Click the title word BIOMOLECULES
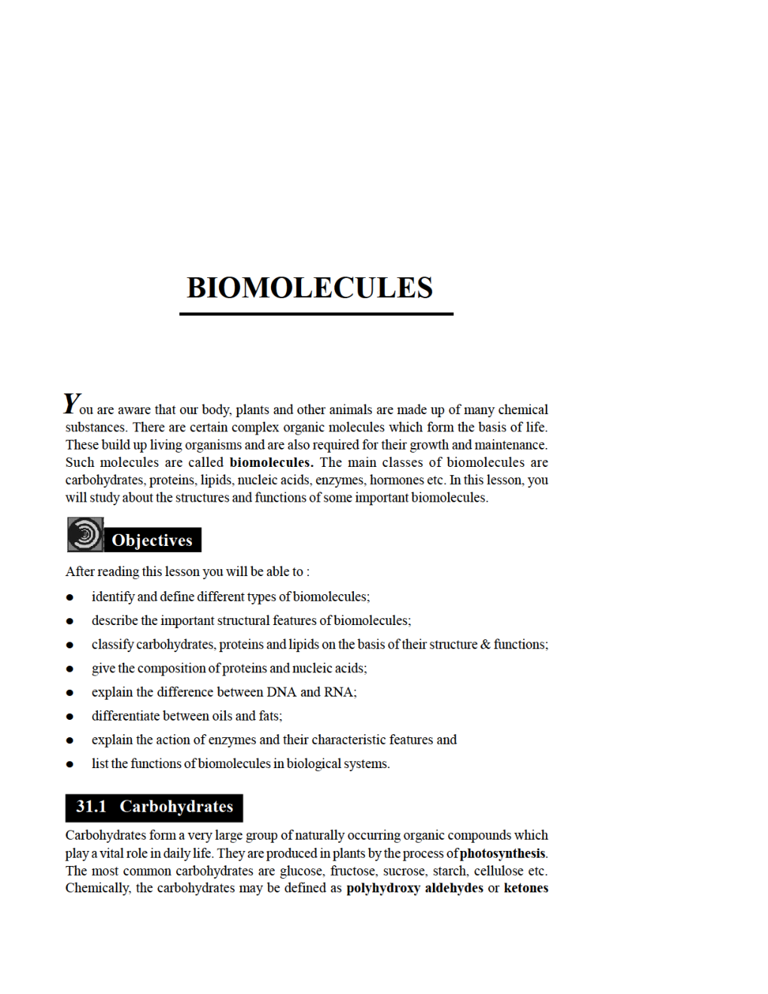click(x=309, y=288)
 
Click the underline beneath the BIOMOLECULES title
click(x=316, y=313)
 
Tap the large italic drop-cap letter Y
click(x=72, y=404)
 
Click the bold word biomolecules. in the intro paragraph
click(x=271, y=462)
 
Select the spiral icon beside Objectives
click(x=85, y=535)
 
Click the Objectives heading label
click(x=152, y=540)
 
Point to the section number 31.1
click(x=91, y=806)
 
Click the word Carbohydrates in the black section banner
click(x=176, y=806)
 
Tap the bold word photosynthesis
click(x=503, y=853)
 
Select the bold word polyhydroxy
click(x=382, y=888)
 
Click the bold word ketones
click(x=526, y=888)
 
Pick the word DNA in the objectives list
click(x=281, y=692)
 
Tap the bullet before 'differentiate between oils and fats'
click(x=70, y=716)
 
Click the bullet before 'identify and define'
click(x=70, y=597)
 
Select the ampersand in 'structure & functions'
click(x=485, y=645)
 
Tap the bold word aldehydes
click(x=454, y=888)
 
